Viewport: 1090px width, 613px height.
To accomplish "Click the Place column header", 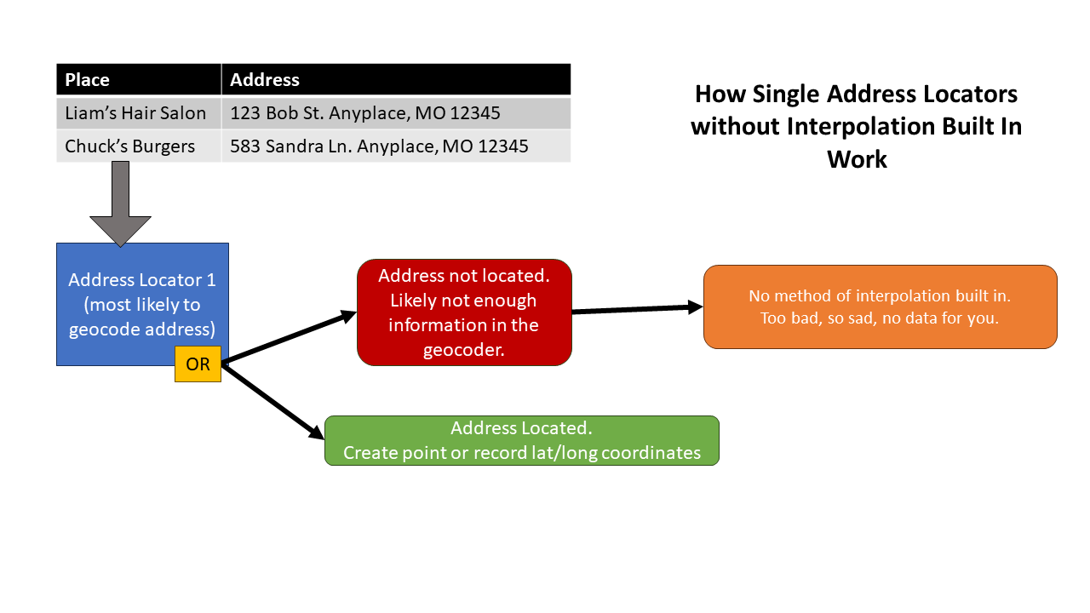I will tap(88, 80).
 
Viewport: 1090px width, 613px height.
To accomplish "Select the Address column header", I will tap(265, 80).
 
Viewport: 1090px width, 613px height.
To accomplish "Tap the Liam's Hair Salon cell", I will tap(136, 113).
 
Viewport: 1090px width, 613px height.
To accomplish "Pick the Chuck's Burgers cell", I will tap(130, 146).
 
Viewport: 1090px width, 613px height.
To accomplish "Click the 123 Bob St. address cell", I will tap(365, 113).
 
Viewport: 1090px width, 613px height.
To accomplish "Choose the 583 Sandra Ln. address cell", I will tap(379, 146).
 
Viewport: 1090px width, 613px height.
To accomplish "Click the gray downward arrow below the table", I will tap(120, 204).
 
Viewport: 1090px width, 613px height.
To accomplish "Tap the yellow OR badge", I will tap(198, 364).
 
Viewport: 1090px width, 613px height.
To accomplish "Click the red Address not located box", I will tap(464, 312).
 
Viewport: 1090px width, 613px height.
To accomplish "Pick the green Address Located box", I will tap(522, 440).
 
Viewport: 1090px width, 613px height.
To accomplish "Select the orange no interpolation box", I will tap(880, 307).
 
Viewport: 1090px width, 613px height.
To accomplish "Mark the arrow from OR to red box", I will tap(290, 337).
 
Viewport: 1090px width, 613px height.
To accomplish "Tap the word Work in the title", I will tap(857, 159).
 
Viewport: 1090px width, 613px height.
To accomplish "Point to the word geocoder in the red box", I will tap(464, 350).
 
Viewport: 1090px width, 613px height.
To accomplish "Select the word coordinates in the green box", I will tap(651, 453).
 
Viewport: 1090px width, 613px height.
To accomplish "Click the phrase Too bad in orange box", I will tap(788, 318).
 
